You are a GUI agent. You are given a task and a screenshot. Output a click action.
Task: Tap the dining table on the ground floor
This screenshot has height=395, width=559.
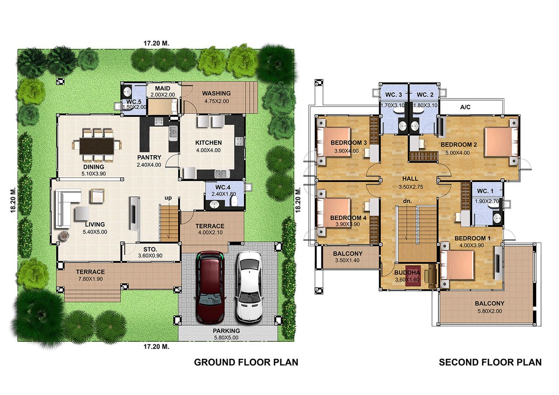click(x=97, y=146)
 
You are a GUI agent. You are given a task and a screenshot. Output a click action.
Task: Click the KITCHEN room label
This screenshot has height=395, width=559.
click(x=208, y=143)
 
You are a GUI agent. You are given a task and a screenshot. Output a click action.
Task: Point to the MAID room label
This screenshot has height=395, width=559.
click(x=162, y=88)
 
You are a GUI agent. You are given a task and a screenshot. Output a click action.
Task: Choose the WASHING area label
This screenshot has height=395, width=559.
click(x=216, y=93)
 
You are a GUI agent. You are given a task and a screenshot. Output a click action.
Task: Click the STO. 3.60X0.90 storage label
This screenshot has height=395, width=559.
click(x=150, y=252)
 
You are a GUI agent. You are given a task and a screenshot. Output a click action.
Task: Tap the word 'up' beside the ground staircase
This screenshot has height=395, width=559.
click(x=168, y=198)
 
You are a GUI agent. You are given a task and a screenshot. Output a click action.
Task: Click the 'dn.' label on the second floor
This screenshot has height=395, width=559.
click(x=407, y=201)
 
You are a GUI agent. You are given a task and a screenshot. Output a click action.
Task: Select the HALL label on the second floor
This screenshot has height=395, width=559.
click(x=410, y=179)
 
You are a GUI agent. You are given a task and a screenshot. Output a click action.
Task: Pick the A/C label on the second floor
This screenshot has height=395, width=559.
click(x=465, y=107)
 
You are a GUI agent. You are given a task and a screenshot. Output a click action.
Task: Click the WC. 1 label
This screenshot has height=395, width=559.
click(x=485, y=191)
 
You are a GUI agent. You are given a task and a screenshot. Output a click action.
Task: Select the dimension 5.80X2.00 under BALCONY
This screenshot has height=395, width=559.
click(x=490, y=311)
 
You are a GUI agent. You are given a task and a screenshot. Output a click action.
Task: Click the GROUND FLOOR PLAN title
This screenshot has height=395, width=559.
click(x=246, y=362)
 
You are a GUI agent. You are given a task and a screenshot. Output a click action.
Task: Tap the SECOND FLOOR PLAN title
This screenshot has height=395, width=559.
click(x=490, y=362)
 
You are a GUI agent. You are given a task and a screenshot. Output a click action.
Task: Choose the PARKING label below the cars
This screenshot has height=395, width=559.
click(x=226, y=331)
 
